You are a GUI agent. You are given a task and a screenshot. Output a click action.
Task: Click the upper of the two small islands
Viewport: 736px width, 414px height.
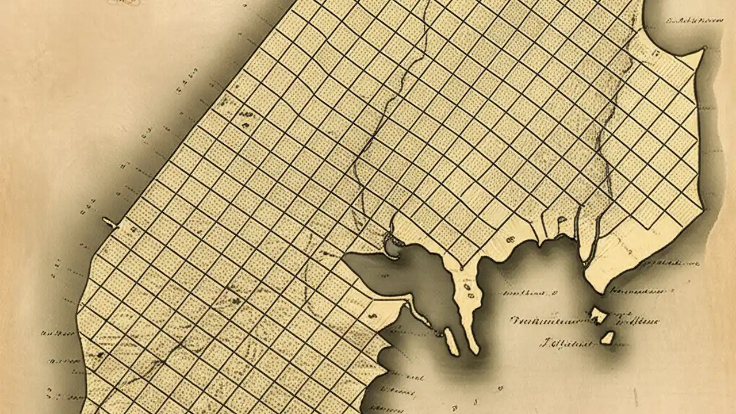coord(599,315)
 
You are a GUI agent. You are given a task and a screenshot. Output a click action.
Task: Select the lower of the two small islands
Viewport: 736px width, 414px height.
coord(607,338)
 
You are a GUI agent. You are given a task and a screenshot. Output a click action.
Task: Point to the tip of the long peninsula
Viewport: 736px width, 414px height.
coord(474,350)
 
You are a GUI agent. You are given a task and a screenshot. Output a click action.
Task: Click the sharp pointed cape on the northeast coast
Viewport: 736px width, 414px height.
coord(703,50)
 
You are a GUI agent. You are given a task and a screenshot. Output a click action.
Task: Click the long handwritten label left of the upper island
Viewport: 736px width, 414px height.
coord(546,320)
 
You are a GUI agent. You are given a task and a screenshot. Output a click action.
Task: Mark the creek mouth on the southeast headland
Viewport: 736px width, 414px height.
coord(585,262)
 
